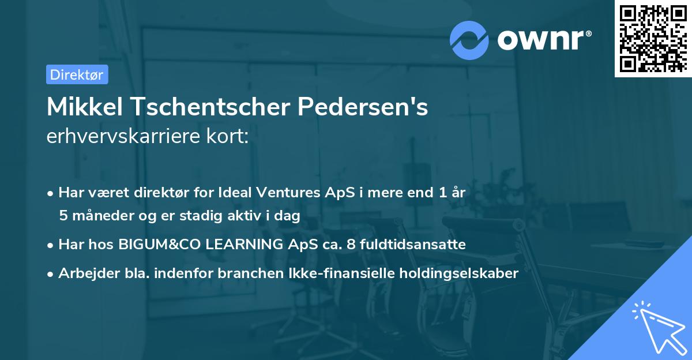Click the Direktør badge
point(77,74)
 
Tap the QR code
point(652,39)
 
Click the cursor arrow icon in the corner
point(657,327)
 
